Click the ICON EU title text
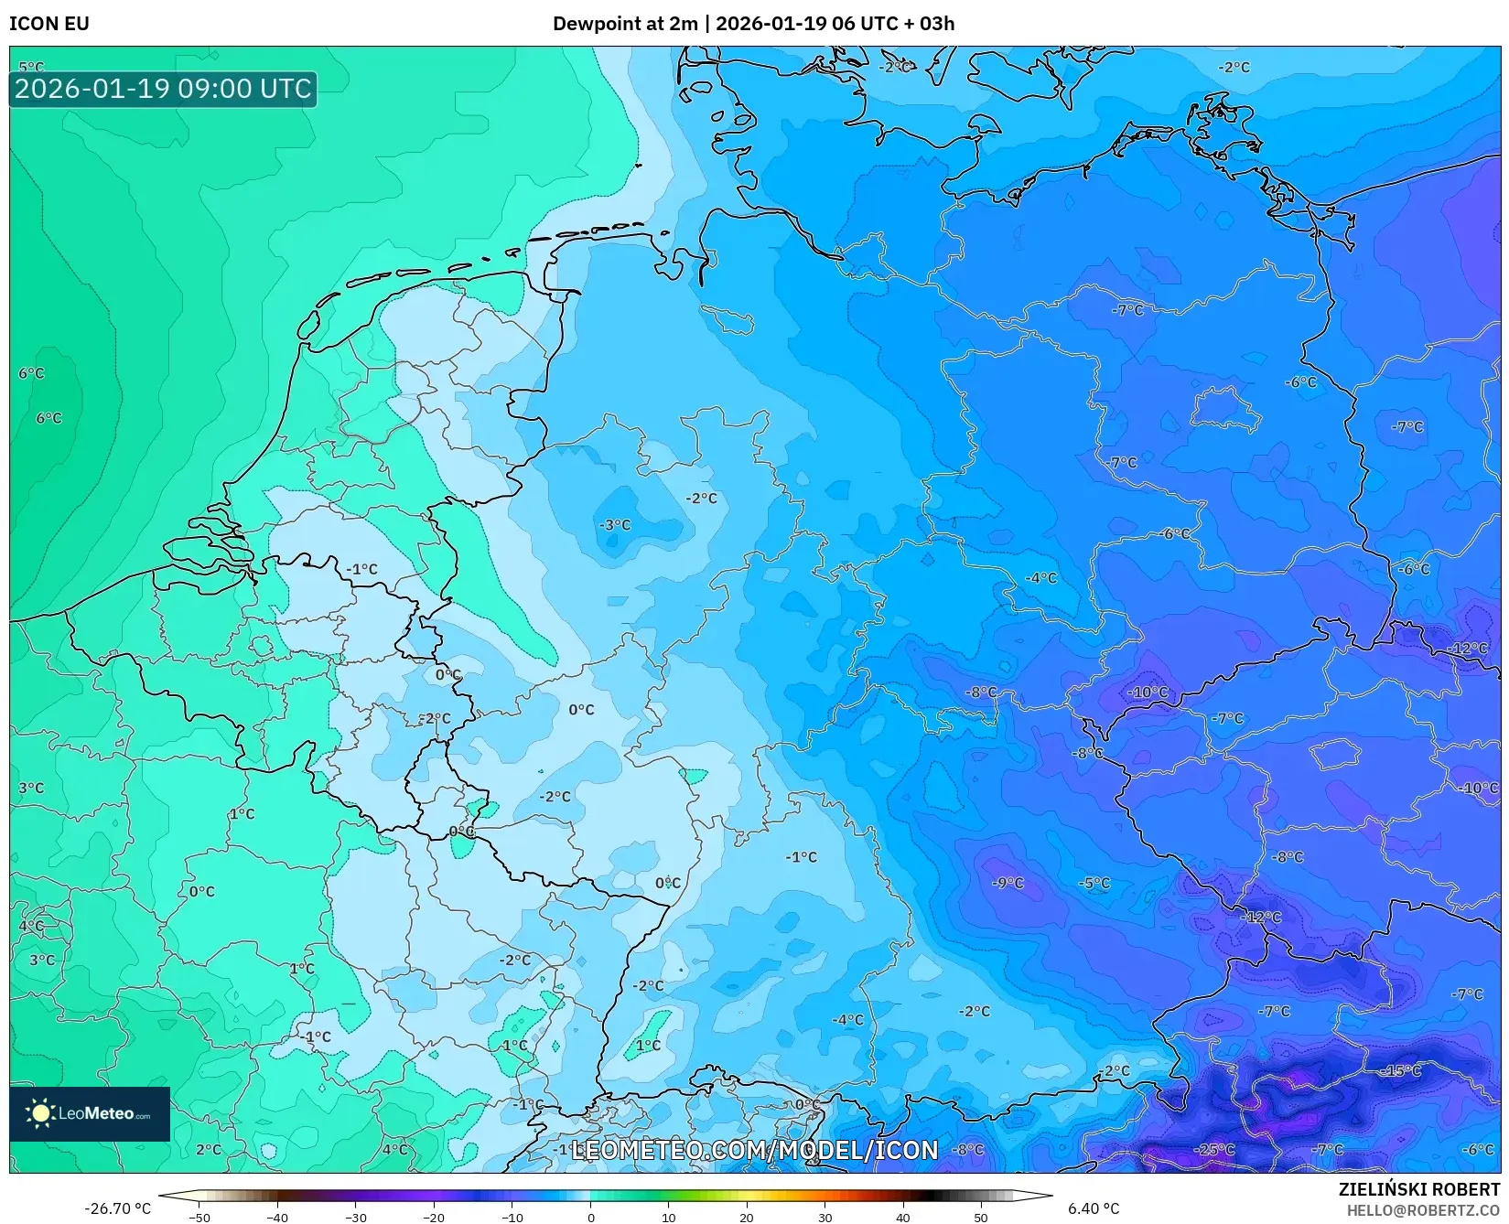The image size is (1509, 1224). pos(49,24)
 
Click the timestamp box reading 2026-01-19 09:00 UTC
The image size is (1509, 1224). pos(163,89)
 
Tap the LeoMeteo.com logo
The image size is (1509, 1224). pos(90,1113)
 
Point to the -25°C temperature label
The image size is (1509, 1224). pos(1214,1150)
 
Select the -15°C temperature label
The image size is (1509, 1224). pos(1402,1070)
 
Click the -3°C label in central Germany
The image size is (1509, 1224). pos(615,525)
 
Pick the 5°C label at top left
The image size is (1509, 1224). pos(31,67)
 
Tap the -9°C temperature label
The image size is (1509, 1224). pos(1008,883)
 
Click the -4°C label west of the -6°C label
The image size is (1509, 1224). pos(1040,578)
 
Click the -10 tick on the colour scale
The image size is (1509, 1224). pos(512,1217)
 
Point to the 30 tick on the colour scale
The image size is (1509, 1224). pos(825,1217)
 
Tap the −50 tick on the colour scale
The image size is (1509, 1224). pos(199,1217)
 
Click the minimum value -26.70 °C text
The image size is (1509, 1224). pos(117,1208)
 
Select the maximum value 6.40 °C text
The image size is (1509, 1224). pos(1093,1208)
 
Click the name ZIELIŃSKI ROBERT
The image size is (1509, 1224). pos(1419,1190)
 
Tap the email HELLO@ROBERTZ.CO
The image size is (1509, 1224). pos(1423,1210)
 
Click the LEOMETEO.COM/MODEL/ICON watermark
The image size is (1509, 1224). pos(755,1150)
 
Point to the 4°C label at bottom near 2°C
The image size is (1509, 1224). pos(394,1150)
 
